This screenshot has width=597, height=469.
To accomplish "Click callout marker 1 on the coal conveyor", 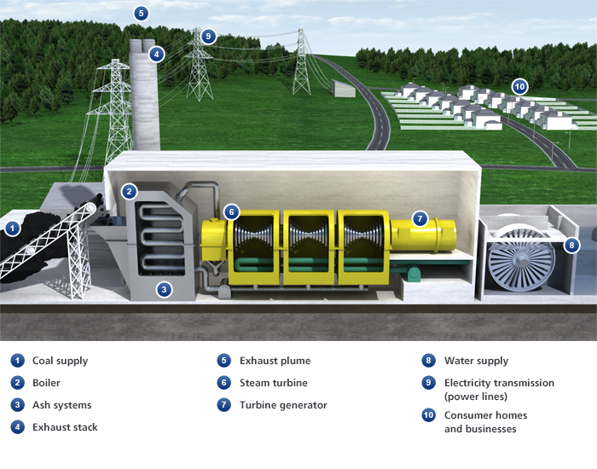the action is pyautogui.click(x=12, y=228).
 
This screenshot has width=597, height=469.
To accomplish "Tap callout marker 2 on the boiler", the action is pyautogui.click(x=129, y=192).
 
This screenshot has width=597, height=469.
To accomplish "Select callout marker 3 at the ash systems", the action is pyautogui.click(x=165, y=289).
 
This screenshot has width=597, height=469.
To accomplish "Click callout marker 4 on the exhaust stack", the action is pyautogui.click(x=155, y=55).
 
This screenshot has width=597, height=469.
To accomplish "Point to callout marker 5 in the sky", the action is pyautogui.click(x=141, y=13).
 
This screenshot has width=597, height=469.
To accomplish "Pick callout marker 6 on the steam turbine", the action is pyautogui.click(x=230, y=211).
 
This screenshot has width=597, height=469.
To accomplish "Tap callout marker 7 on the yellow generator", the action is pyautogui.click(x=419, y=218).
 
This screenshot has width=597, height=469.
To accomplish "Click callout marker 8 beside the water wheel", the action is pyautogui.click(x=571, y=246).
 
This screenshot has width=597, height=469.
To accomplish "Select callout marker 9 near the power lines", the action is pyautogui.click(x=209, y=36).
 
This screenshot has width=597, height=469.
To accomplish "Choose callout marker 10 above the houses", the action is pyautogui.click(x=519, y=86).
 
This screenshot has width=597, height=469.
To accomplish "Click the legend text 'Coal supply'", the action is pyautogui.click(x=60, y=361).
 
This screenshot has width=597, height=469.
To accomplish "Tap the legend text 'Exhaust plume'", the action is pyautogui.click(x=275, y=361).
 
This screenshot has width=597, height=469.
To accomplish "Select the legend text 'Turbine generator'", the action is pyautogui.click(x=283, y=405).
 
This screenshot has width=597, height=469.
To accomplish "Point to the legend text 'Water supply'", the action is pyautogui.click(x=476, y=361).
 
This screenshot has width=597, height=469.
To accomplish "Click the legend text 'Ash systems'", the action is pyautogui.click(x=61, y=405).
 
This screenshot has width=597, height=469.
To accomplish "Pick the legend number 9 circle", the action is pyautogui.click(x=428, y=383).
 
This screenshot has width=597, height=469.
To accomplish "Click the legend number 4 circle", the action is pyautogui.click(x=16, y=427).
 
